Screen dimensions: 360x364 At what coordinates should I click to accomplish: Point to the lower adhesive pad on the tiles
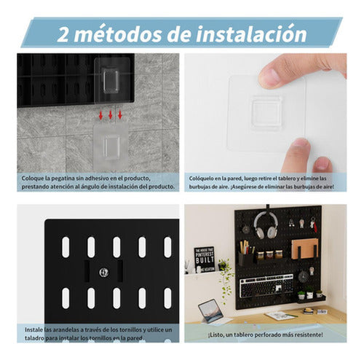(110, 145)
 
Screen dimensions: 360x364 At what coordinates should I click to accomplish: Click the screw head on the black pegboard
(104, 273)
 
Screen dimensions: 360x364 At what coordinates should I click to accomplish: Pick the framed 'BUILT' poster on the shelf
(205, 259)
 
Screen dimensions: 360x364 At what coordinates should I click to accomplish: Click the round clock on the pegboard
(303, 277)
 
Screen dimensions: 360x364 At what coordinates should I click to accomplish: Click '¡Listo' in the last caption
(199, 334)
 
